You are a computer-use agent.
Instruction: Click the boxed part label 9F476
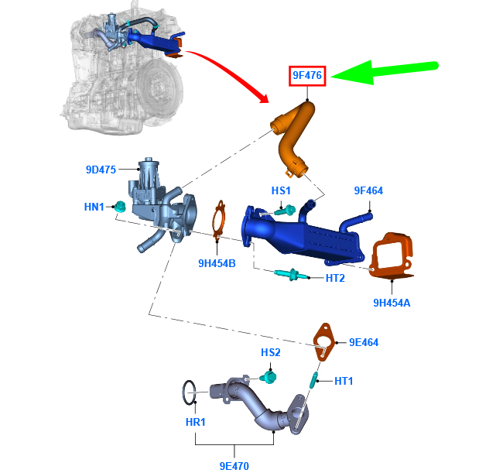pyautogui.click(x=307, y=75)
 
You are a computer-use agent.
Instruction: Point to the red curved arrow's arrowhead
pyautogui.click(x=263, y=98)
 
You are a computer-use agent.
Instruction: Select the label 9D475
pyautogui.click(x=101, y=170)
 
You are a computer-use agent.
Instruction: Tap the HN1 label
pyautogui.click(x=94, y=207)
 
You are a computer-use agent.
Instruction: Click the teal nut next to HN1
pyautogui.click(x=120, y=207)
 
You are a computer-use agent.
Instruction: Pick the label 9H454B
pyautogui.click(x=217, y=263)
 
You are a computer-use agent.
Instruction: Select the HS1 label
pyautogui.click(x=281, y=190)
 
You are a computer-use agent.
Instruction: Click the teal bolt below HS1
pyautogui.click(x=286, y=211)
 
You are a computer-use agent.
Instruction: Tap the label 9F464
pyautogui.click(x=368, y=190)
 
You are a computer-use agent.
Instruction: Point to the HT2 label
pyautogui.click(x=335, y=278)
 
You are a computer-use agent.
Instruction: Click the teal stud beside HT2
pyautogui.click(x=291, y=274)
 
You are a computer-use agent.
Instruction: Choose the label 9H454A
pyautogui.click(x=392, y=303)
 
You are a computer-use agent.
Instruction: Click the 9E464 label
pyautogui.click(x=364, y=342)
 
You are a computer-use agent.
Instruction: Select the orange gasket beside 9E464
pyautogui.click(x=324, y=342)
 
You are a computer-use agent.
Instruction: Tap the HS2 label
pyautogui.click(x=271, y=352)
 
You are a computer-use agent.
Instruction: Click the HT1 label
pyautogui.click(x=344, y=381)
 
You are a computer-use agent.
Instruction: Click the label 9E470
pyautogui.click(x=234, y=466)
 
